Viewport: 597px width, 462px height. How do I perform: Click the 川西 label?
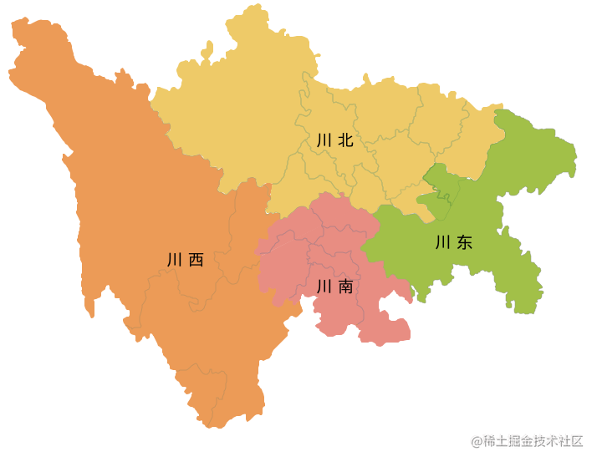click(x=186, y=260)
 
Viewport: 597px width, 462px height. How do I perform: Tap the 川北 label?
click(x=334, y=140)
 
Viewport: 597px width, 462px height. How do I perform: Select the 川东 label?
click(x=454, y=243)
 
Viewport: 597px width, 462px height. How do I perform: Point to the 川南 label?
click(x=334, y=287)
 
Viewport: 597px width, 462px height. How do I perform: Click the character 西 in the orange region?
click(x=196, y=260)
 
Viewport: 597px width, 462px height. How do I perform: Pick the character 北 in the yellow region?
click(x=345, y=140)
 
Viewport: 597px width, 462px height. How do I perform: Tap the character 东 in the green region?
click(x=465, y=243)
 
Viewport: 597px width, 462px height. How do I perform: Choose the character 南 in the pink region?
click(x=345, y=287)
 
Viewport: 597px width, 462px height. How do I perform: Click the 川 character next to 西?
click(x=175, y=260)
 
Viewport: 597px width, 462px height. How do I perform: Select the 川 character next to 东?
click(x=443, y=243)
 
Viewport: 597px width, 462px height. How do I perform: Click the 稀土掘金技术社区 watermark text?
click(x=533, y=441)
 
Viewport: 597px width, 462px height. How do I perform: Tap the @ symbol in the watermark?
click(x=476, y=441)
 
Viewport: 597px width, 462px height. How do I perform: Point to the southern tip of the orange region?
click(x=216, y=425)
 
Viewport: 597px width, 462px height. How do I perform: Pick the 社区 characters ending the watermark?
click(x=572, y=441)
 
